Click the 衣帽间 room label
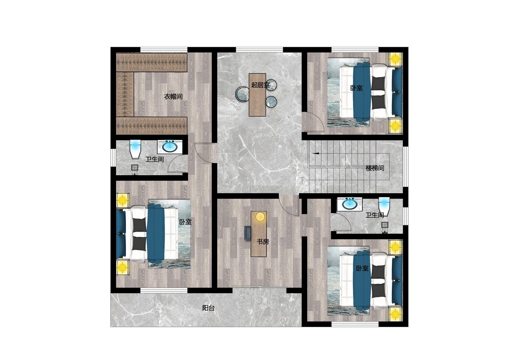point(173,97)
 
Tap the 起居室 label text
point(260,85)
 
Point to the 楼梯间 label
point(375,168)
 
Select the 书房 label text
point(263,242)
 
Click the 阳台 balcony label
point(208,308)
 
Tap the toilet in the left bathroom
point(135,149)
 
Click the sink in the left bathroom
point(170,147)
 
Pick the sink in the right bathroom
point(349,204)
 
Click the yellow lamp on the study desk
point(260,216)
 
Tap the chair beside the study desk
point(247,233)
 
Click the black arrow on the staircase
point(316,154)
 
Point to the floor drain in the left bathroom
point(135,168)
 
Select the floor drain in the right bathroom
point(385,225)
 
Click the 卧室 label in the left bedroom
point(185,222)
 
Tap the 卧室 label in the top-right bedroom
point(356,88)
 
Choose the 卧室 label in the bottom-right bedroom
point(362,268)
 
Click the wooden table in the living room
point(257,95)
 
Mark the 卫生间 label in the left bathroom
point(154,159)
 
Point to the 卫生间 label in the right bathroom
point(375,215)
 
